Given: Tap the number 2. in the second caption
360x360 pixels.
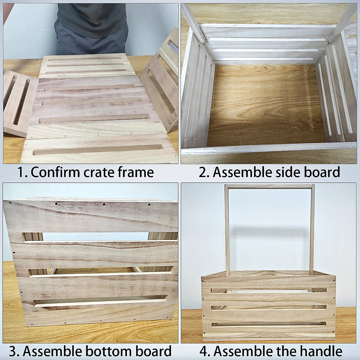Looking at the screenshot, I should point(204,172).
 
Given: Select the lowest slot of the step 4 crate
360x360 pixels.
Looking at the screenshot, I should point(268,325).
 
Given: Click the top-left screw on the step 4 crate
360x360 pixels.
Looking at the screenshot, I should point(204,282).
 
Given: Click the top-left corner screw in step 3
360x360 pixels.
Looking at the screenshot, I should point(10,203).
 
